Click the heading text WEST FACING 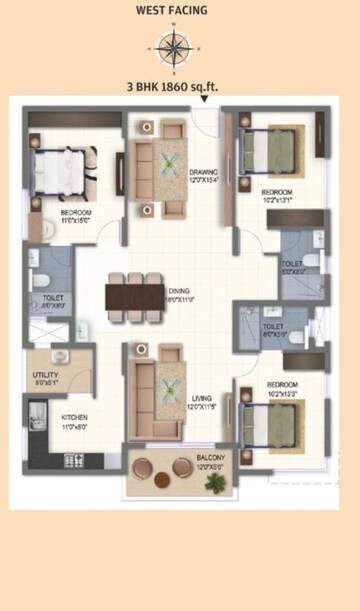(x=173, y=11)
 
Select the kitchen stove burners (x=74, y=460)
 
